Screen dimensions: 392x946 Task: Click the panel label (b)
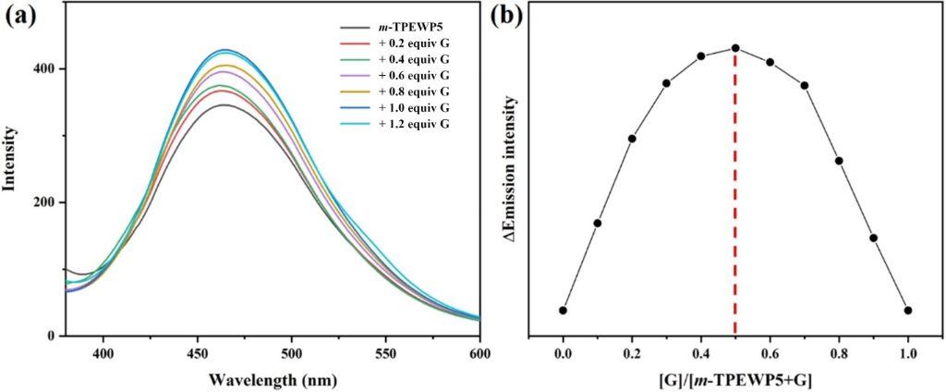click(x=506, y=18)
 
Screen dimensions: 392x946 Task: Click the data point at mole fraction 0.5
click(x=735, y=48)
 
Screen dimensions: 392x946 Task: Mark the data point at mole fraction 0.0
click(x=563, y=311)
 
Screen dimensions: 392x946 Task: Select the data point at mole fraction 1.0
click(x=908, y=311)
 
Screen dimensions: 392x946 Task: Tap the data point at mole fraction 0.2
click(x=632, y=139)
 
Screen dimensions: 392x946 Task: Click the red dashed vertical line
click(x=735, y=185)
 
